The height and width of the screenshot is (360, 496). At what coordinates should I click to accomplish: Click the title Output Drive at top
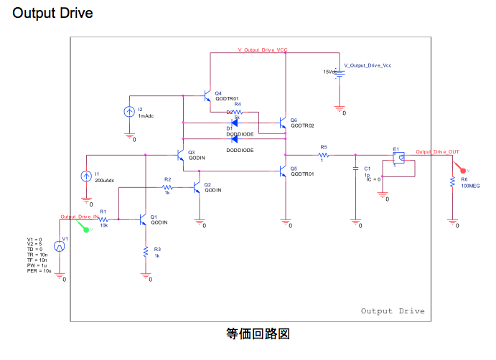tap(52, 14)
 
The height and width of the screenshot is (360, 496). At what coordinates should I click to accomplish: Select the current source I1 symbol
tap(86, 176)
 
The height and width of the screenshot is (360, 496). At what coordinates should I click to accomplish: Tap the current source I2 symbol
tap(129, 112)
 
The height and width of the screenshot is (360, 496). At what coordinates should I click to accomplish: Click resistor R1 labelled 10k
tap(103, 219)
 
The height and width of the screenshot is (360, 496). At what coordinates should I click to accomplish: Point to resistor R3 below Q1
tap(146, 252)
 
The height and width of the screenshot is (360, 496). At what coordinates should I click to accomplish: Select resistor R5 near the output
tap(323, 154)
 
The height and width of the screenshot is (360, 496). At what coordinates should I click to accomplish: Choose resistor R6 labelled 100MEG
tap(452, 183)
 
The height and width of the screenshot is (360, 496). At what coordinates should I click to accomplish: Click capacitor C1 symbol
tap(355, 169)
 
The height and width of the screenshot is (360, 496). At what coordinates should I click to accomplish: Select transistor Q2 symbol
tap(197, 188)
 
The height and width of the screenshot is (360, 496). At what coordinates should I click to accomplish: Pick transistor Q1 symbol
tap(144, 219)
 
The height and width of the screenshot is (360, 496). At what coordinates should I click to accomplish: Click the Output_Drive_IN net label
tap(79, 217)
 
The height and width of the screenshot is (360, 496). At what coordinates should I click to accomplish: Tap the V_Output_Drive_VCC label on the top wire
tap(263, 50)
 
